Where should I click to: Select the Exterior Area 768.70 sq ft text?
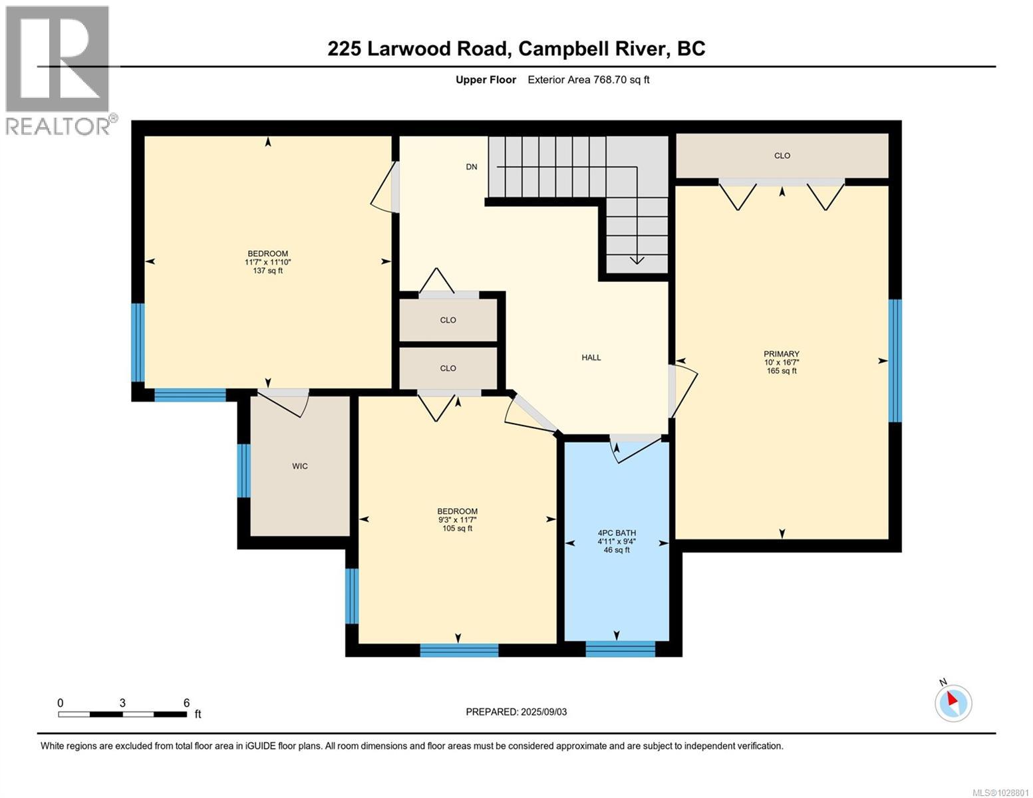[x=588, y=80]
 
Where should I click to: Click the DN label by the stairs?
[x=471, y=167]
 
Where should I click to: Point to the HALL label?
[x=591, y=358]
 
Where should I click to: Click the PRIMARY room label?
[x=781, y=354]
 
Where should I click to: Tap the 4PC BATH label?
[x=616, y=533]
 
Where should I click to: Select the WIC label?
[x=300, y=466]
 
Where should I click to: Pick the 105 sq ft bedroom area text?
[x=457, y=529]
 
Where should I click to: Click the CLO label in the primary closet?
[x=782, y=156]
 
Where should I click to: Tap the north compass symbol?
[x=953, y=702]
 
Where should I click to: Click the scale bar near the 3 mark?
[x=122, y=714]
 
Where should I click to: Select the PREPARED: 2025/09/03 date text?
[x=516, y=712]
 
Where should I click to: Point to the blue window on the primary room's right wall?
[x=895, y=360]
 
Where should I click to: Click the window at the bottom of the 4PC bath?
[x=620, y=648]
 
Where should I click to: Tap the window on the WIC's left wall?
[x=244, y=470]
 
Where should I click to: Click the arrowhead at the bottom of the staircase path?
[x=637, y=260]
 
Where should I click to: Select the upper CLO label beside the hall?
[x=448, y=320]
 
